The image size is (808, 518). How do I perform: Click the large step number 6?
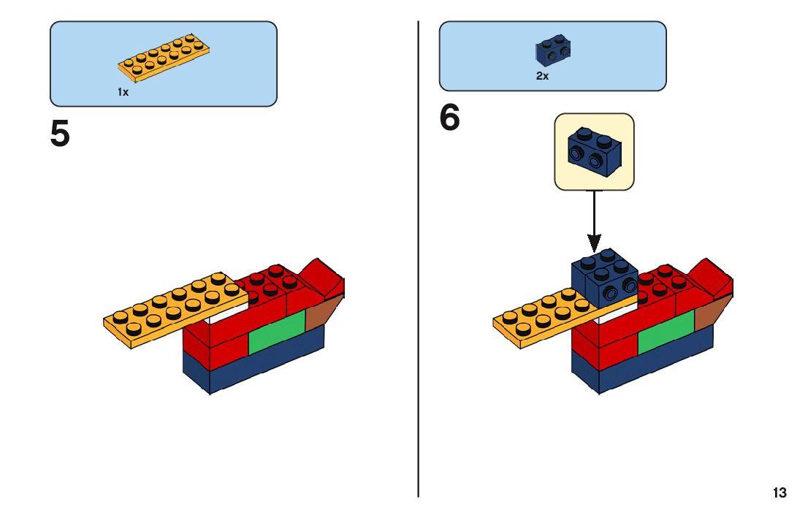(450, 118)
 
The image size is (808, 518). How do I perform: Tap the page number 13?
(780, 492)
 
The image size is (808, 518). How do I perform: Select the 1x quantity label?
(123, 92)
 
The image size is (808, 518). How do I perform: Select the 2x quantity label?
(542, 76)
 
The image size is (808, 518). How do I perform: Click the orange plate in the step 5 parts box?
(165, 58)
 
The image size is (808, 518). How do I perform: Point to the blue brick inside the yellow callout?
(593, 151)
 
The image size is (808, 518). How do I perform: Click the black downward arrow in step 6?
(595, 219)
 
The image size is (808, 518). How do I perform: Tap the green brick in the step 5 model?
(276, 332)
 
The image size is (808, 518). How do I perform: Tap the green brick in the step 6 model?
(665, 333)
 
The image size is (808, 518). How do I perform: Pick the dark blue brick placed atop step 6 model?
(605, 281)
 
